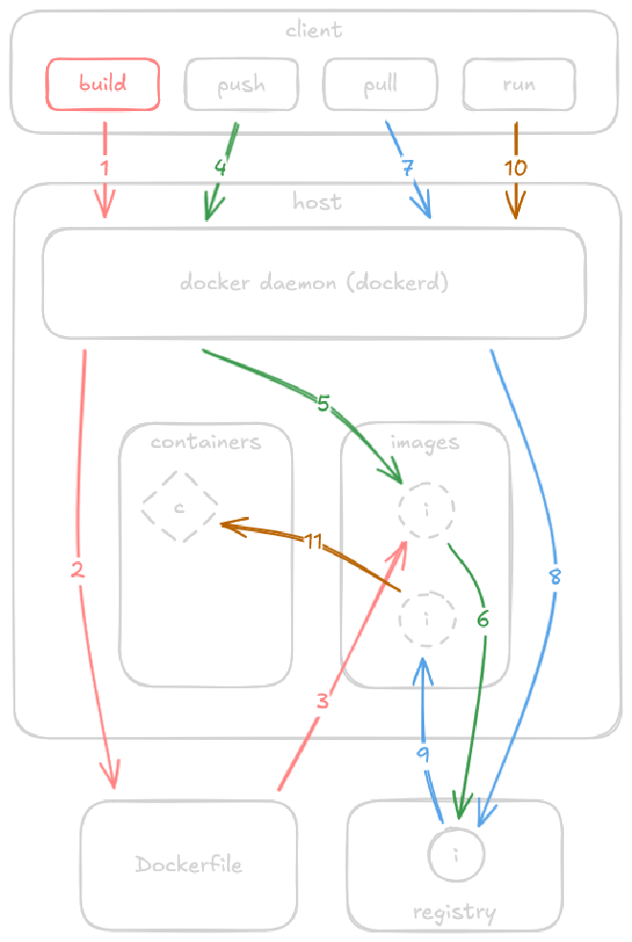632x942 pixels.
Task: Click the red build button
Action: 102,84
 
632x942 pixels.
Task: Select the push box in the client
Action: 241,85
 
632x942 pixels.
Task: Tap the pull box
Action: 380,85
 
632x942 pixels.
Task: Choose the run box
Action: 519,85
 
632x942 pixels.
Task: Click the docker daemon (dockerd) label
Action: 314,283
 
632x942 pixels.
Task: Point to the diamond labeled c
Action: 179,506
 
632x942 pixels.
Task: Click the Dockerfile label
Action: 189,865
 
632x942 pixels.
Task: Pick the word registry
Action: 454,912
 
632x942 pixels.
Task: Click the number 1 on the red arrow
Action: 104,167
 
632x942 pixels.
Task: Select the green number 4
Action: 220,167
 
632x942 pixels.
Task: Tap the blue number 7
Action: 407,168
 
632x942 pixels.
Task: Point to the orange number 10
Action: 515,168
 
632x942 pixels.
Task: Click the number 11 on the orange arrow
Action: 313,542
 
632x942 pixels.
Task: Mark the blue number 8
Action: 553,577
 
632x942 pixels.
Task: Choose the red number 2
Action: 79,571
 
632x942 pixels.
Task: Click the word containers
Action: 206,442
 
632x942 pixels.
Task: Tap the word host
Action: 317,203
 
